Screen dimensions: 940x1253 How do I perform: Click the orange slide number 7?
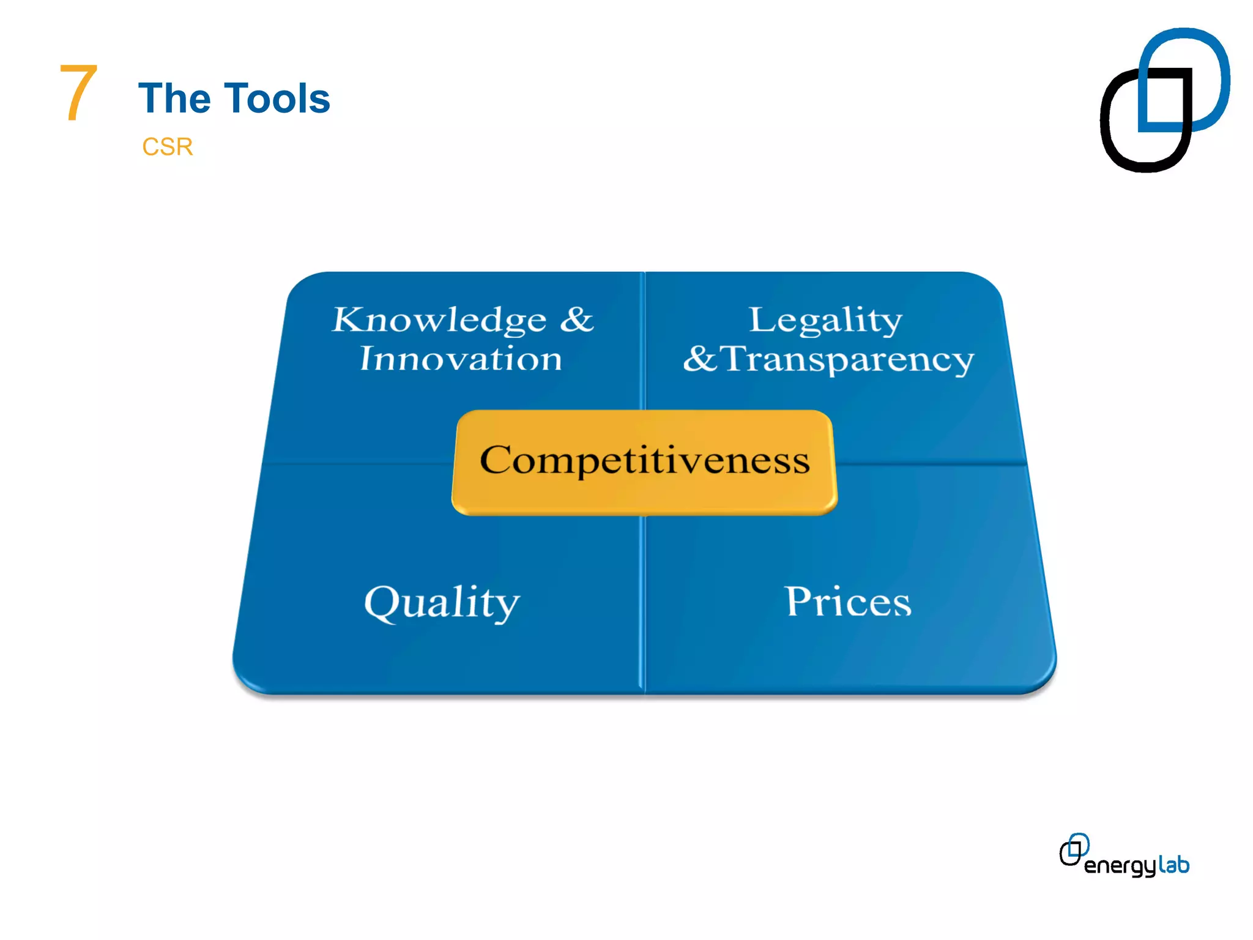pyautogui.click(x=78, y=92)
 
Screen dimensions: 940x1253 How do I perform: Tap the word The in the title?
pyautogui.click(x=174, y=99)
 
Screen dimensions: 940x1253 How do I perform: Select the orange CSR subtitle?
pyautogui.click(x=167, y=147)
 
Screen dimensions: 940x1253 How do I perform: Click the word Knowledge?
pyautogui.click(x=439, y=320)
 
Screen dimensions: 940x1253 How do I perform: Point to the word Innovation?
pyautogui.click(x=460, y=359)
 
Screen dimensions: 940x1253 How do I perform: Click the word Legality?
pyautogui.click(x=825, y=320)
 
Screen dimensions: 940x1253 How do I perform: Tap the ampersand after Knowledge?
pyautogui.click(x=576, y=319)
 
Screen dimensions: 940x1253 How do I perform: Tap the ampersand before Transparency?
pyautogui.click(x=699, y=359)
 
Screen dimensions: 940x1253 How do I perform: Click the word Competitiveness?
pyautogui.click(x=644, y=460)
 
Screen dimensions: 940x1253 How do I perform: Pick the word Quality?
pyautogui.click(x=442, y=603)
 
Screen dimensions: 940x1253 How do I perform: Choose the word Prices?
pyautogui.click(x=848, y=602)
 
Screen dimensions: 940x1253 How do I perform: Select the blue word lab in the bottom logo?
pyautogui.click(x=1173, y=865)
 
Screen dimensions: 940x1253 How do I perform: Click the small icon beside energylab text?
pyautogui.click(x=1074, y=849)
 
